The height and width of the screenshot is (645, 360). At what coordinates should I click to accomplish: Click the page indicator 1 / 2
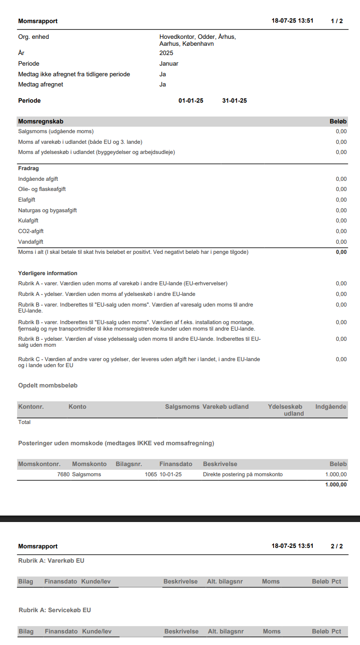click(336, 21)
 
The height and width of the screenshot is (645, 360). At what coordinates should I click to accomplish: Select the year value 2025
click(166, 53)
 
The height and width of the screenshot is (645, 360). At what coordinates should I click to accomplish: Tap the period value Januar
click(169, 64)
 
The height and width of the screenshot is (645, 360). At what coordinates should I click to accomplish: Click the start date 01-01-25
click(191, 101)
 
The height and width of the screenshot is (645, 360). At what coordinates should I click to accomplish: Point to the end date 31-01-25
click(234, 101)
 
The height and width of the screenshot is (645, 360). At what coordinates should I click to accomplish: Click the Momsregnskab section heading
click(41, 122)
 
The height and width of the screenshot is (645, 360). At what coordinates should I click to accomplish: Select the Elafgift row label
click(27, 200)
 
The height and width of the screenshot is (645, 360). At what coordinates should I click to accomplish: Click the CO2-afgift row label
click(31, 231)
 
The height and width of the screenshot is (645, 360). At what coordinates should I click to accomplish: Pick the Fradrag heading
click(28, 168)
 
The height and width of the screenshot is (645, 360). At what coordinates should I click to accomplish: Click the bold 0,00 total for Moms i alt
click(341, 252)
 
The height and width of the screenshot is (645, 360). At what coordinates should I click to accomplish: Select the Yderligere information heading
click(48, 273)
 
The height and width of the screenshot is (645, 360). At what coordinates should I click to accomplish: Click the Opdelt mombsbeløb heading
click(51, 386)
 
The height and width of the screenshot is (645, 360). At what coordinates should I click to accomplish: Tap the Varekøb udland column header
click(226, 407)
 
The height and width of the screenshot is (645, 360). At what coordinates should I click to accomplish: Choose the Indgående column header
click(330, 407)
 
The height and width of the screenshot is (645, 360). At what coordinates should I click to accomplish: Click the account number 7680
click(63, 474)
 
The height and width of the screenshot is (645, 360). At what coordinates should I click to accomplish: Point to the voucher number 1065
click(151, 474)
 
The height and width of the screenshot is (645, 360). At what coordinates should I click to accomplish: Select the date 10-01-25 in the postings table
click(171, 474)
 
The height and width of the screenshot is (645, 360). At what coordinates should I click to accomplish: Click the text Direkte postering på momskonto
click(243, 474)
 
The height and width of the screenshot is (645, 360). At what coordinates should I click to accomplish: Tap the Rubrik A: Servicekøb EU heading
click(55, 610)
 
